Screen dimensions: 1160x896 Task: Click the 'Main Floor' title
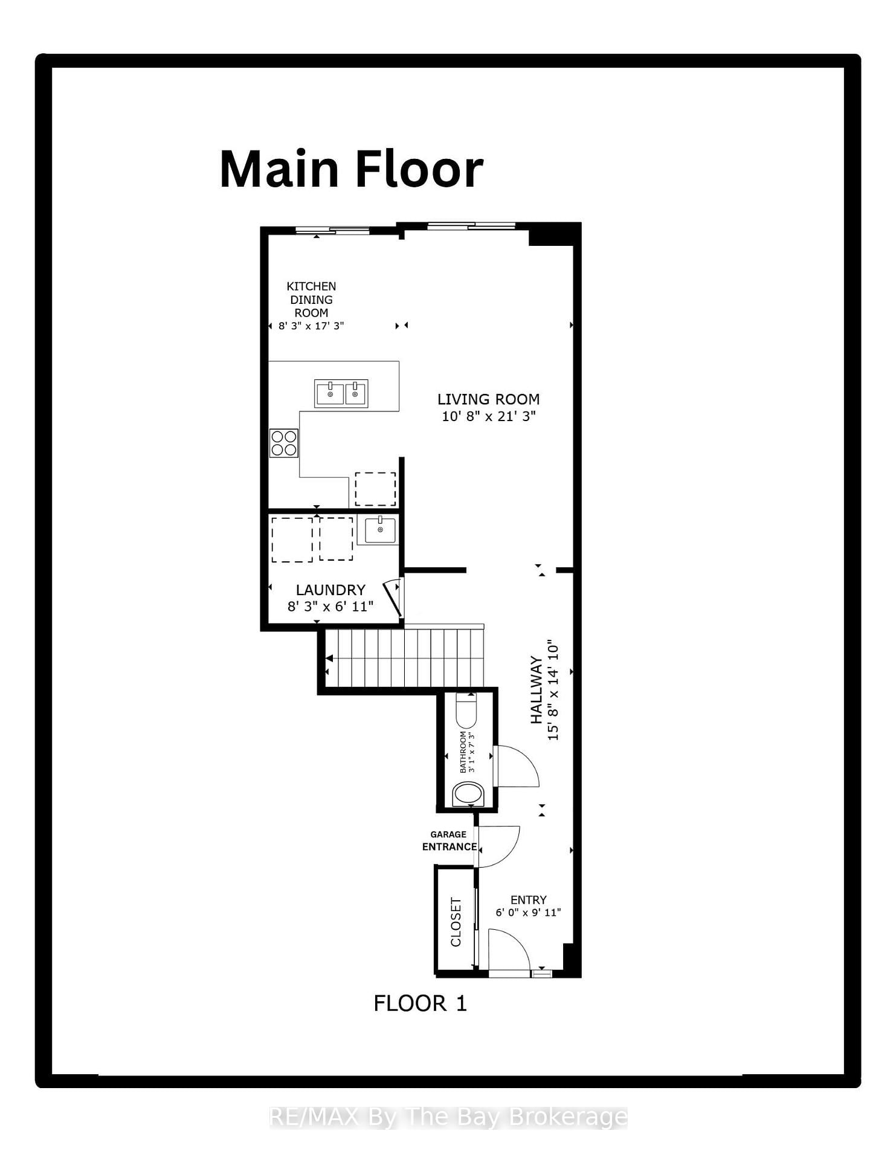(352, 170)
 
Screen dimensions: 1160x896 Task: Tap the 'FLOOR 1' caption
(420, 1004)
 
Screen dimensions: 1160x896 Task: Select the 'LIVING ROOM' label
(488, 399)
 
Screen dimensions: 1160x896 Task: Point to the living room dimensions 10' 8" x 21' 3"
(489, 416)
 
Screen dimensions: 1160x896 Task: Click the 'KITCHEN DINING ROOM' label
(311, 300)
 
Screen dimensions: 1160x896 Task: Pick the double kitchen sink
(341, 394)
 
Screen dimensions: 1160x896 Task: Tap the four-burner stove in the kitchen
(284, 443)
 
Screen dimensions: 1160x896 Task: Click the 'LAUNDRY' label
(330, 590)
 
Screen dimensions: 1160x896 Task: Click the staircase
(405, 658)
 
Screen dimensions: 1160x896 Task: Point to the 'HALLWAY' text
(536, 690)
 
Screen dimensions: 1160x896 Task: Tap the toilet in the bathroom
(466, 713)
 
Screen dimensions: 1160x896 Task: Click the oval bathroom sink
(468, 793)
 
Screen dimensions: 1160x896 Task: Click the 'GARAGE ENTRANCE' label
(449, 840)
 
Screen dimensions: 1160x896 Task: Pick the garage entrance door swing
(499, 845)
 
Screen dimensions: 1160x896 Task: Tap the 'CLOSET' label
(456, 921)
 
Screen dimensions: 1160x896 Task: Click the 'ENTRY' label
(528, 900)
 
